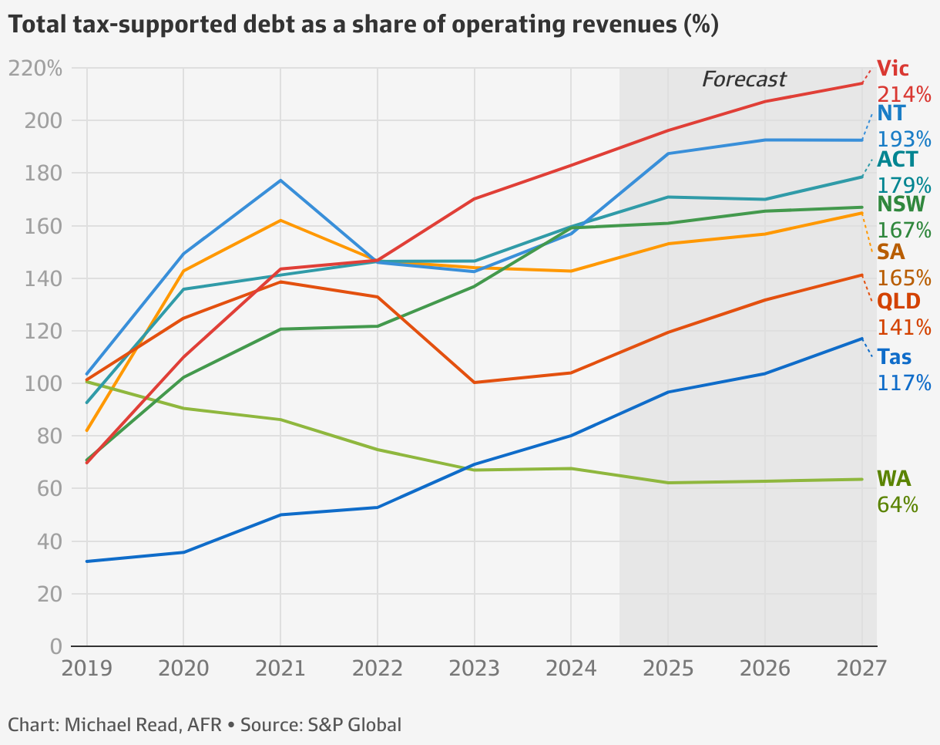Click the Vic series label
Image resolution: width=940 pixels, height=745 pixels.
[893, 69]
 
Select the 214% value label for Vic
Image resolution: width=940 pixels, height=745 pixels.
[904, 95]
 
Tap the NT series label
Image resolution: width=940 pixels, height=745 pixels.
[891, 113]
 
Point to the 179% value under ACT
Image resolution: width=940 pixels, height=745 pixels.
[904, 186]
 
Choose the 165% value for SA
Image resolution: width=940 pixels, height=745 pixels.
[904, 278]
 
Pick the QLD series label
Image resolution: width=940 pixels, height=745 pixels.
[898, 301]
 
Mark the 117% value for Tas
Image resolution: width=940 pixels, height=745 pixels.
[904, 383]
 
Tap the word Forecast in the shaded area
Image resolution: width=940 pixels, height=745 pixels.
[744, 79]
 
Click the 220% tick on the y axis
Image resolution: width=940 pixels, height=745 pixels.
[35, 69]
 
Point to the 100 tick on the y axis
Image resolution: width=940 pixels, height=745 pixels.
[42, 383]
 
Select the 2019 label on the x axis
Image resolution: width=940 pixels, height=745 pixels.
[86, 668]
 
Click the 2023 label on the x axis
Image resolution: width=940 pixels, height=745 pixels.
[474, 668]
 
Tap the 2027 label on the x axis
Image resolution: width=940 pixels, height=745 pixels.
[861, 668]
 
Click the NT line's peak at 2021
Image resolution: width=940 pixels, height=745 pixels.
[280, 180]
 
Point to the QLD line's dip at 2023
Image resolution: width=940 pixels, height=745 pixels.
[474, 383]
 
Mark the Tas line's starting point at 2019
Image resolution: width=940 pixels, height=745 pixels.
[86, 561]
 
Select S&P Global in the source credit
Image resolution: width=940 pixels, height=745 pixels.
[355, 725]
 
